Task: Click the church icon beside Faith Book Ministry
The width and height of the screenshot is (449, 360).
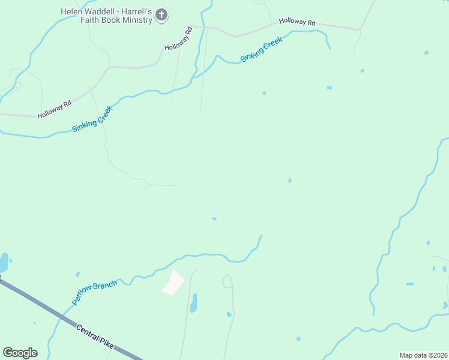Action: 161,15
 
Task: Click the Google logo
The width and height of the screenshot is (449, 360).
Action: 20,352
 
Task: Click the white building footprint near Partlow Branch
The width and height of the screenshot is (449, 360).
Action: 173,282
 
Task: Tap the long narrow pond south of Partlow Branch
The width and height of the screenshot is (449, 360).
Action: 193,303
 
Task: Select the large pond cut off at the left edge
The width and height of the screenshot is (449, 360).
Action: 3,262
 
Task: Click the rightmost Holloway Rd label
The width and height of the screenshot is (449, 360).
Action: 297,23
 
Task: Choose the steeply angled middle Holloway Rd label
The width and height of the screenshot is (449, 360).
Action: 178,39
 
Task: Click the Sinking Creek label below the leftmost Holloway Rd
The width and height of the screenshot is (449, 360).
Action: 92,119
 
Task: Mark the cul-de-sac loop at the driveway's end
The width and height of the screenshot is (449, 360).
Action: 227,281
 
